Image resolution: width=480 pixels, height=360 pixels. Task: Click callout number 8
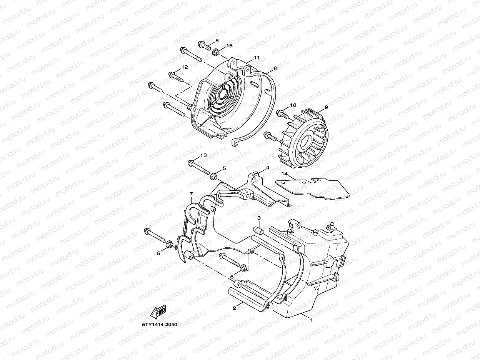point(217,40)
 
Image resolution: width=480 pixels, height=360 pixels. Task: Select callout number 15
point(229,46)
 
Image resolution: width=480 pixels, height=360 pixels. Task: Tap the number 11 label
point(257,58)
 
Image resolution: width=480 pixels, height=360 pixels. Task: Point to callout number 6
point(275,68)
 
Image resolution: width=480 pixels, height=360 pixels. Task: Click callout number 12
point(185,67)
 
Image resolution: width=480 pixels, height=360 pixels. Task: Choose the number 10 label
point(293,105)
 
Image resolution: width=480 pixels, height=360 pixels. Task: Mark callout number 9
point(326,107)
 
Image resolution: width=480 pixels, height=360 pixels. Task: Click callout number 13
point(203,155)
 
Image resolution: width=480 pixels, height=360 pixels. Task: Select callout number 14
point(284,174)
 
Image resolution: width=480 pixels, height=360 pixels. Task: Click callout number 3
point(259,218)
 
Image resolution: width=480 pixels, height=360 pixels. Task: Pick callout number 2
point(234,308)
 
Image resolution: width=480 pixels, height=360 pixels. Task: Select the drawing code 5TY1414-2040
point(159,324)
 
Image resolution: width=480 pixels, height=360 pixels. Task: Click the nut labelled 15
point(217,51)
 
